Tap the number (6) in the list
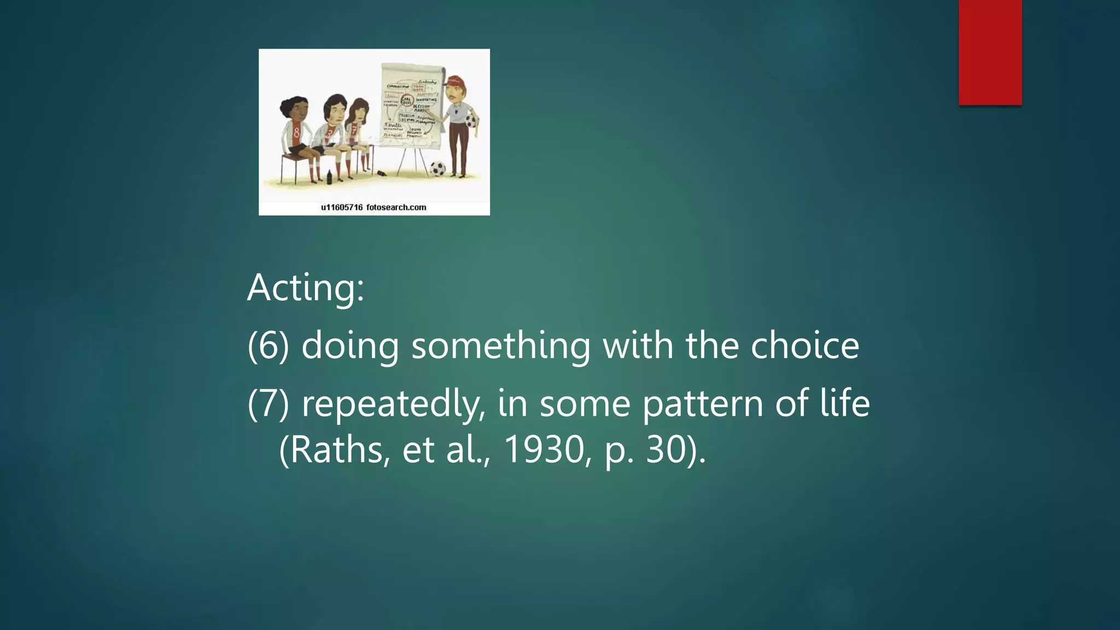point(268,346)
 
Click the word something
point(500,346)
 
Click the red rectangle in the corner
point(990,52)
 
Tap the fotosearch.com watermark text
point(396,207)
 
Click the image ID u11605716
point(342,207)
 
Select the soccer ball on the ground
point(437,168)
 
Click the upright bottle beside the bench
point(329,177)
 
